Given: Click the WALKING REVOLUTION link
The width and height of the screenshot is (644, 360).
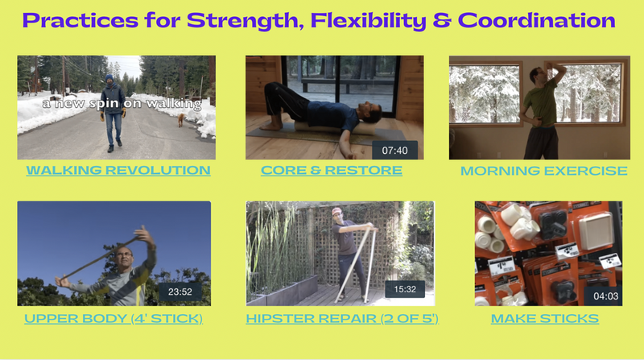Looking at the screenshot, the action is point(118,170).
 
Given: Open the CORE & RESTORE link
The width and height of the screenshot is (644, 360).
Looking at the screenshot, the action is point(332,170).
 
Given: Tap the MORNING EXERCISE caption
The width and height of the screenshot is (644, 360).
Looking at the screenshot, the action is point(544,171).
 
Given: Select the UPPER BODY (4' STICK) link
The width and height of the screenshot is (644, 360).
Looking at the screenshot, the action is point(114,318).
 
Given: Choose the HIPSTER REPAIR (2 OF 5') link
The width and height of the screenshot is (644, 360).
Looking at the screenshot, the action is point(342,318).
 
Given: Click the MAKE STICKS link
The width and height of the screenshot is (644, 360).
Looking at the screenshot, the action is point(545,318).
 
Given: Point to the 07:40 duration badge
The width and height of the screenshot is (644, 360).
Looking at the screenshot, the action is point(394,151).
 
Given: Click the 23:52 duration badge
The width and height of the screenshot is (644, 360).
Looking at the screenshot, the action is point(180,292).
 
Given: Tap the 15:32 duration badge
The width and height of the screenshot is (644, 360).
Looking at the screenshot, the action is point(405,289).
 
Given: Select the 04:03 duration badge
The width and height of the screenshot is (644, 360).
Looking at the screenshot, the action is point(606,296).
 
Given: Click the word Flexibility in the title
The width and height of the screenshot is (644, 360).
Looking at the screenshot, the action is point(369,21).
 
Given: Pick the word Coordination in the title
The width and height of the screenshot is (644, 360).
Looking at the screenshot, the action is point(536,21).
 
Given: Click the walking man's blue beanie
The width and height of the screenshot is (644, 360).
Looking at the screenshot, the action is point(109,77).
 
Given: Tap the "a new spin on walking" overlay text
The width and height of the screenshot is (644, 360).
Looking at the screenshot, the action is point(122,104).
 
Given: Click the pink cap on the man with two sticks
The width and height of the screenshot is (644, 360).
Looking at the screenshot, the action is point(336,211).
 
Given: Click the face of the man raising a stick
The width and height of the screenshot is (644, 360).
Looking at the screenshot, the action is point(125,257).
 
